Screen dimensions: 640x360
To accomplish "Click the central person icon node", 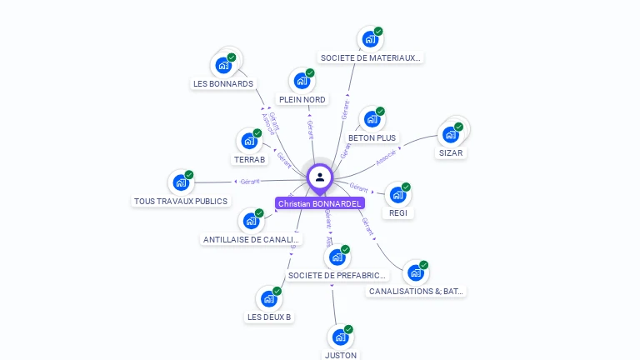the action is pyautogui.click(x=320, y=177).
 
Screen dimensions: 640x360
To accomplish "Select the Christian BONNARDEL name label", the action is pyautogui.click(x=320, y=203).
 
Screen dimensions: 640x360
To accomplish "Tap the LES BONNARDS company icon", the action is pyautogui.click(x=223, y=65).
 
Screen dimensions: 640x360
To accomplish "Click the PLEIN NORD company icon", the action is pyautogui.click(x=302, y=81).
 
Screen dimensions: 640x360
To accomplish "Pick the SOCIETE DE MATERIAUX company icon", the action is pyautogui.click(x=370, y=39).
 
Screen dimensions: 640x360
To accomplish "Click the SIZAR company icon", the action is pyautogui.click(x=451, y=134).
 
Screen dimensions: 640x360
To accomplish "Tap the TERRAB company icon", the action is pyautogui.click(x=248, y=140).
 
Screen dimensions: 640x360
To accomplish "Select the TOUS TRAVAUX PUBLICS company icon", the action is pyautogui.click(x=181, y=182).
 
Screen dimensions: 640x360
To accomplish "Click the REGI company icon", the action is pyautogui.click(x=397, y=195).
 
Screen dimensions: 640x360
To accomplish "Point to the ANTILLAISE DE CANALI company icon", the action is pyautogui.click(x=251, y=221).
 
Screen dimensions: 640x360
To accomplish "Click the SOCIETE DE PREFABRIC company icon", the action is pyautogui.click(x=337, y=257).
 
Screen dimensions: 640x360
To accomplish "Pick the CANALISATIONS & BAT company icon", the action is pyautogui.click(x=415, y=272).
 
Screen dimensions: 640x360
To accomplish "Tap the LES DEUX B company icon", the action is pyautogui.click(x=269, y=298).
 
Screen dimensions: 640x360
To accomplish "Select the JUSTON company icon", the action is pyautogui.click(x=340, y=337).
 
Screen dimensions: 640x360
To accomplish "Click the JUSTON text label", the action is pyautogui.click(x=340, y=355).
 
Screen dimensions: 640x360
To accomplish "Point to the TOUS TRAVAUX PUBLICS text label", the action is pyautogui.click(x=181, y=201).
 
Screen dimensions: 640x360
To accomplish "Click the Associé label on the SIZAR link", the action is pyautogui.click(x=387, y=155).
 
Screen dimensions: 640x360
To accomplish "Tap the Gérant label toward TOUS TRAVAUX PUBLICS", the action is pyautogui.click(x=250, y=181).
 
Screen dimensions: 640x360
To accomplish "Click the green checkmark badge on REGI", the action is pyautogui.click(x=406, y=187).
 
